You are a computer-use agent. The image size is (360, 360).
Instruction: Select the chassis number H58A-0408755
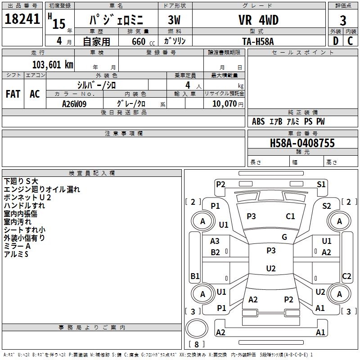coord(302,143)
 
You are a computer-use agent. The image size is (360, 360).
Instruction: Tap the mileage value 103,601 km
coord(53,64)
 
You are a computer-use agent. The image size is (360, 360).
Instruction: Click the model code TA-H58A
coord(257,41)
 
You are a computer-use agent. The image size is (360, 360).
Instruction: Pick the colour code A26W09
coord(74,103)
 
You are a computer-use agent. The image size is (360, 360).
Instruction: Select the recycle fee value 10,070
coord(221,103)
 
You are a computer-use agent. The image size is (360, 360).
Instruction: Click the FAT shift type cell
coord(13,94)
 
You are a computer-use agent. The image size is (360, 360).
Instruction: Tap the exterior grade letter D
coord(336,41)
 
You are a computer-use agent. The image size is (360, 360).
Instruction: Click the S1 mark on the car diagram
coord(321,184)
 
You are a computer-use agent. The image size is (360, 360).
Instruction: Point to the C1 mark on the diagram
coord(291,216)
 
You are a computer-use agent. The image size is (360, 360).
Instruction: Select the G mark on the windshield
coord(284,237)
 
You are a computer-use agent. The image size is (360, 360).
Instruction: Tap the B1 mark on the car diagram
coord(195,276)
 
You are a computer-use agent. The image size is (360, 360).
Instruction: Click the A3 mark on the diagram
coord(215,241)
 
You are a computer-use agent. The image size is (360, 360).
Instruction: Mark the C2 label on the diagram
coord(346,276)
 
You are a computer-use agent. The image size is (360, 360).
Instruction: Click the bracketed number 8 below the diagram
coord(196,344)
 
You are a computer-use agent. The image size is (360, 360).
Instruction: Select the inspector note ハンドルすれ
coord(24,206)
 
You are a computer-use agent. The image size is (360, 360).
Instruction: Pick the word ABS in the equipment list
coord(258,121)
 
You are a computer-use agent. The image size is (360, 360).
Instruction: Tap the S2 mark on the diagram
coord(327,206)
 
